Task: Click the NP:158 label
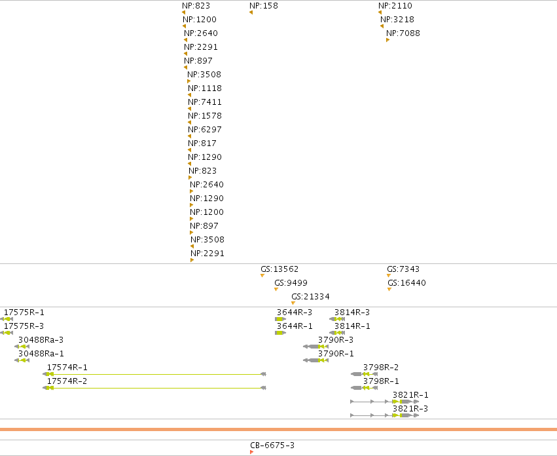264,6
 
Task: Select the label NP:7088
403,33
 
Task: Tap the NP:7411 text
205,102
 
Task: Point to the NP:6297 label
205,130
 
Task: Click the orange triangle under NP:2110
380,12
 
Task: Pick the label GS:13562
279,269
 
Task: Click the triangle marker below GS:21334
293,303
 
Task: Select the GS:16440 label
406,283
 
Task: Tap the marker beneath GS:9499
276,289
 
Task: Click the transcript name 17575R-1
24,313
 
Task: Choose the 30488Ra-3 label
41,339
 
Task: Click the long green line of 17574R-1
156,374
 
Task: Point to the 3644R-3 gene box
280,319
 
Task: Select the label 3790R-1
336,354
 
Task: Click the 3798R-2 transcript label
381,368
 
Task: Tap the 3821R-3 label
410,409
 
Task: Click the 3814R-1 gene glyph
337,333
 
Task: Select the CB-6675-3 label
272,446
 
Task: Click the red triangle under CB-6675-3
251,452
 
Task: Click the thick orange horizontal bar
279,429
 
